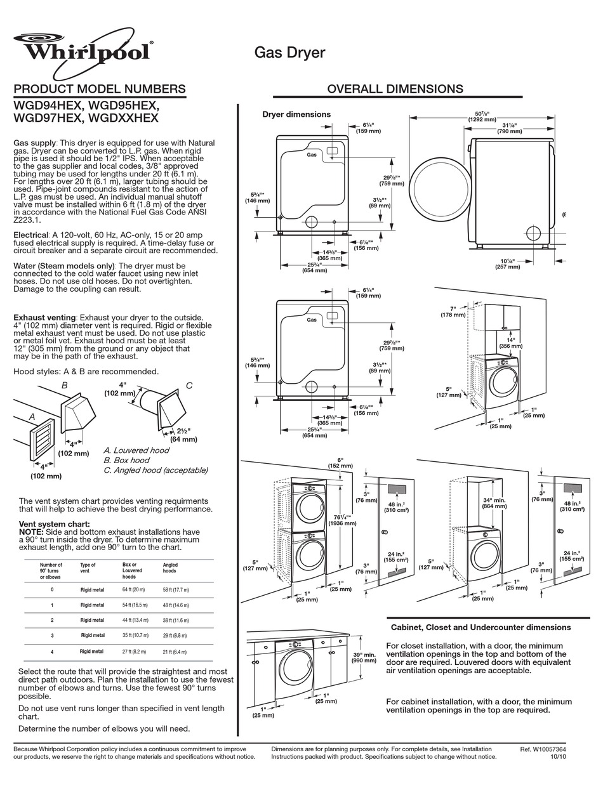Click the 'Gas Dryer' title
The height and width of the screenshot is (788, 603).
tap(289, 53)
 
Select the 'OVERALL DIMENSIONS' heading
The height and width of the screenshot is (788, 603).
tap(395, 89)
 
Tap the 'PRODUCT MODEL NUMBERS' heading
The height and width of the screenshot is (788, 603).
tap(100, 89)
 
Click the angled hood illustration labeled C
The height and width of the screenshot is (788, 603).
tap(168, 409)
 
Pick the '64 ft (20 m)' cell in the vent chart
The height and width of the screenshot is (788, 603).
tap(133, 590)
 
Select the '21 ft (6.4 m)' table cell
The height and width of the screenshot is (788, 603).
tap(175, 652)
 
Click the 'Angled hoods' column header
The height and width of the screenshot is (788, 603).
tap(170, 568)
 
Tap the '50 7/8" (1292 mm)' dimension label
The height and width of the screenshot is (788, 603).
tap(482, 115)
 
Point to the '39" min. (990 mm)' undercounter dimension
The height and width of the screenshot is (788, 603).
tap(364, 657)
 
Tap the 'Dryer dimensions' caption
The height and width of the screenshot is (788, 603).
tap(296, 114)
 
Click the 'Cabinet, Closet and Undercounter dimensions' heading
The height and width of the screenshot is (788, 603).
tap(480, 627)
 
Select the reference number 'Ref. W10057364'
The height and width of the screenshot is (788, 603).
tap(543, 749)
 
